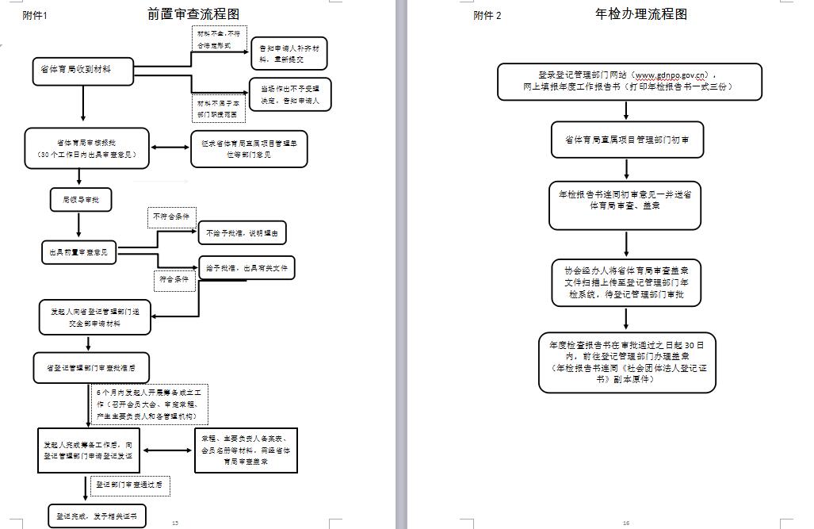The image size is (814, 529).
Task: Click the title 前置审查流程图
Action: coord(193,13)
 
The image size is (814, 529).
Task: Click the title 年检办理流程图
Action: coord(640,13)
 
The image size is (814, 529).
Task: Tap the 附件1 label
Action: coord(35,15)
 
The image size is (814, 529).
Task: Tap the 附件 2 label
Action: coord(487,15)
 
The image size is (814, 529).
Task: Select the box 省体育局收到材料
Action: coord(82,71)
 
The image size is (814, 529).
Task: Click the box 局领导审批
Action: coord(80,200)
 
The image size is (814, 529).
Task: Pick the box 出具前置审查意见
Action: coord(78,253)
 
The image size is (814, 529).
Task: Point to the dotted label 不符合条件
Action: coord(172,217)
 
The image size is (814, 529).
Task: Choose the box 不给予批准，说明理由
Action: coord(242,233)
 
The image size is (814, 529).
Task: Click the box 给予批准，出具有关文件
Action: coord(246,269)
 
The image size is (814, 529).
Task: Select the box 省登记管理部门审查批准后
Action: coord(90,368)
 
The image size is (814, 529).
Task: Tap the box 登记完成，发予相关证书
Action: coord(97,516)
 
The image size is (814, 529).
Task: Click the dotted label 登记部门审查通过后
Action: coord(130,485)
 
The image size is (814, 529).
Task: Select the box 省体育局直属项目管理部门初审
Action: coord(626,140)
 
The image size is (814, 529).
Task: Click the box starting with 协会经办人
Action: coord(626,282)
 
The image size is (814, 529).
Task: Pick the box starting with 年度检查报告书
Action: coord(627,362)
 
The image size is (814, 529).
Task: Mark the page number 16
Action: coord(626,523)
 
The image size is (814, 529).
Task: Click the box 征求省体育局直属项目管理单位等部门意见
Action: coord(249,148)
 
